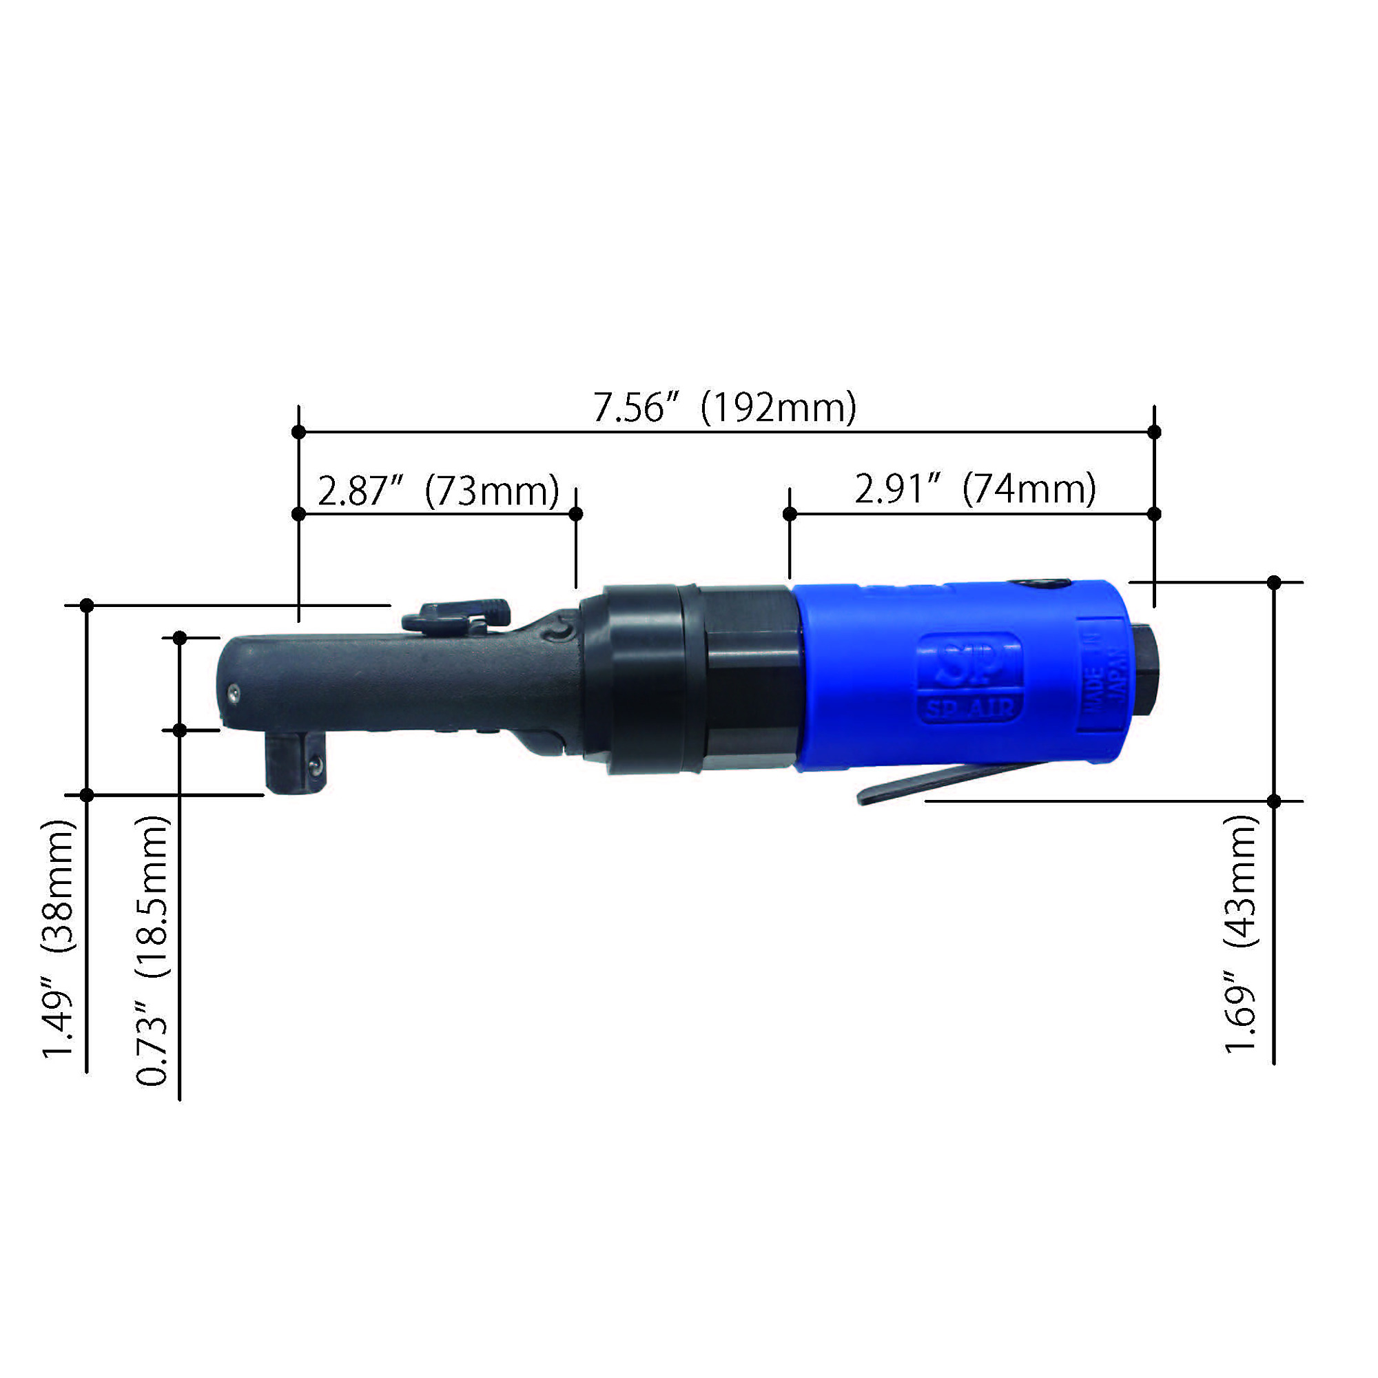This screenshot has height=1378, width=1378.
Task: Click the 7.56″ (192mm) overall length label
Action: click(x=725, y=409)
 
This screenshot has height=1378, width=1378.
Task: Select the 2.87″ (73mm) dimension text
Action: click(x=438, y=491)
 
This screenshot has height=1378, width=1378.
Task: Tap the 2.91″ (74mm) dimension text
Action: click(x=975, y=490)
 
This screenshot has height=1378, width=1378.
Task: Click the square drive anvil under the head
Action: click(x=296, y=764)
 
